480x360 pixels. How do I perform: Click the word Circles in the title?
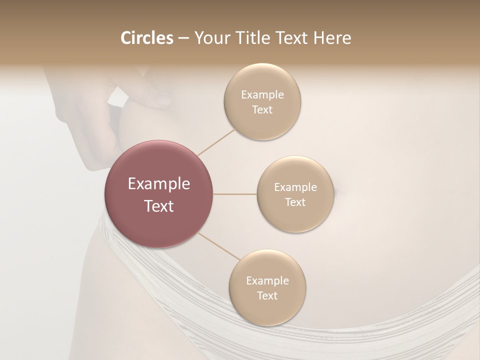[x=147, y=38]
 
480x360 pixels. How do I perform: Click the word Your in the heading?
[x=210, y=38]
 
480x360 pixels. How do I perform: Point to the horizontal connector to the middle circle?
[x=235, y=194]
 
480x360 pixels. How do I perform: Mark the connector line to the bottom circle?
[x=219, y=247]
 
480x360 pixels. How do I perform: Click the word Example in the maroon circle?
[x=158, y=184]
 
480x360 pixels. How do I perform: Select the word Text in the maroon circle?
[x=158, y=206]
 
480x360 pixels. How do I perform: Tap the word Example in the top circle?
[x=262, y=94]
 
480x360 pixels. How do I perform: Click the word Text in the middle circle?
[x=295, y=202]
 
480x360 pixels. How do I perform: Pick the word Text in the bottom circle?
[x=267, y=295]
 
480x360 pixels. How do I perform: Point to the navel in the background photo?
[x=336, y=190]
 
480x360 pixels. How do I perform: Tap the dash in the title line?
[x=183, y=38]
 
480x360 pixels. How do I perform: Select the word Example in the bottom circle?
[x=267, y=280]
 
